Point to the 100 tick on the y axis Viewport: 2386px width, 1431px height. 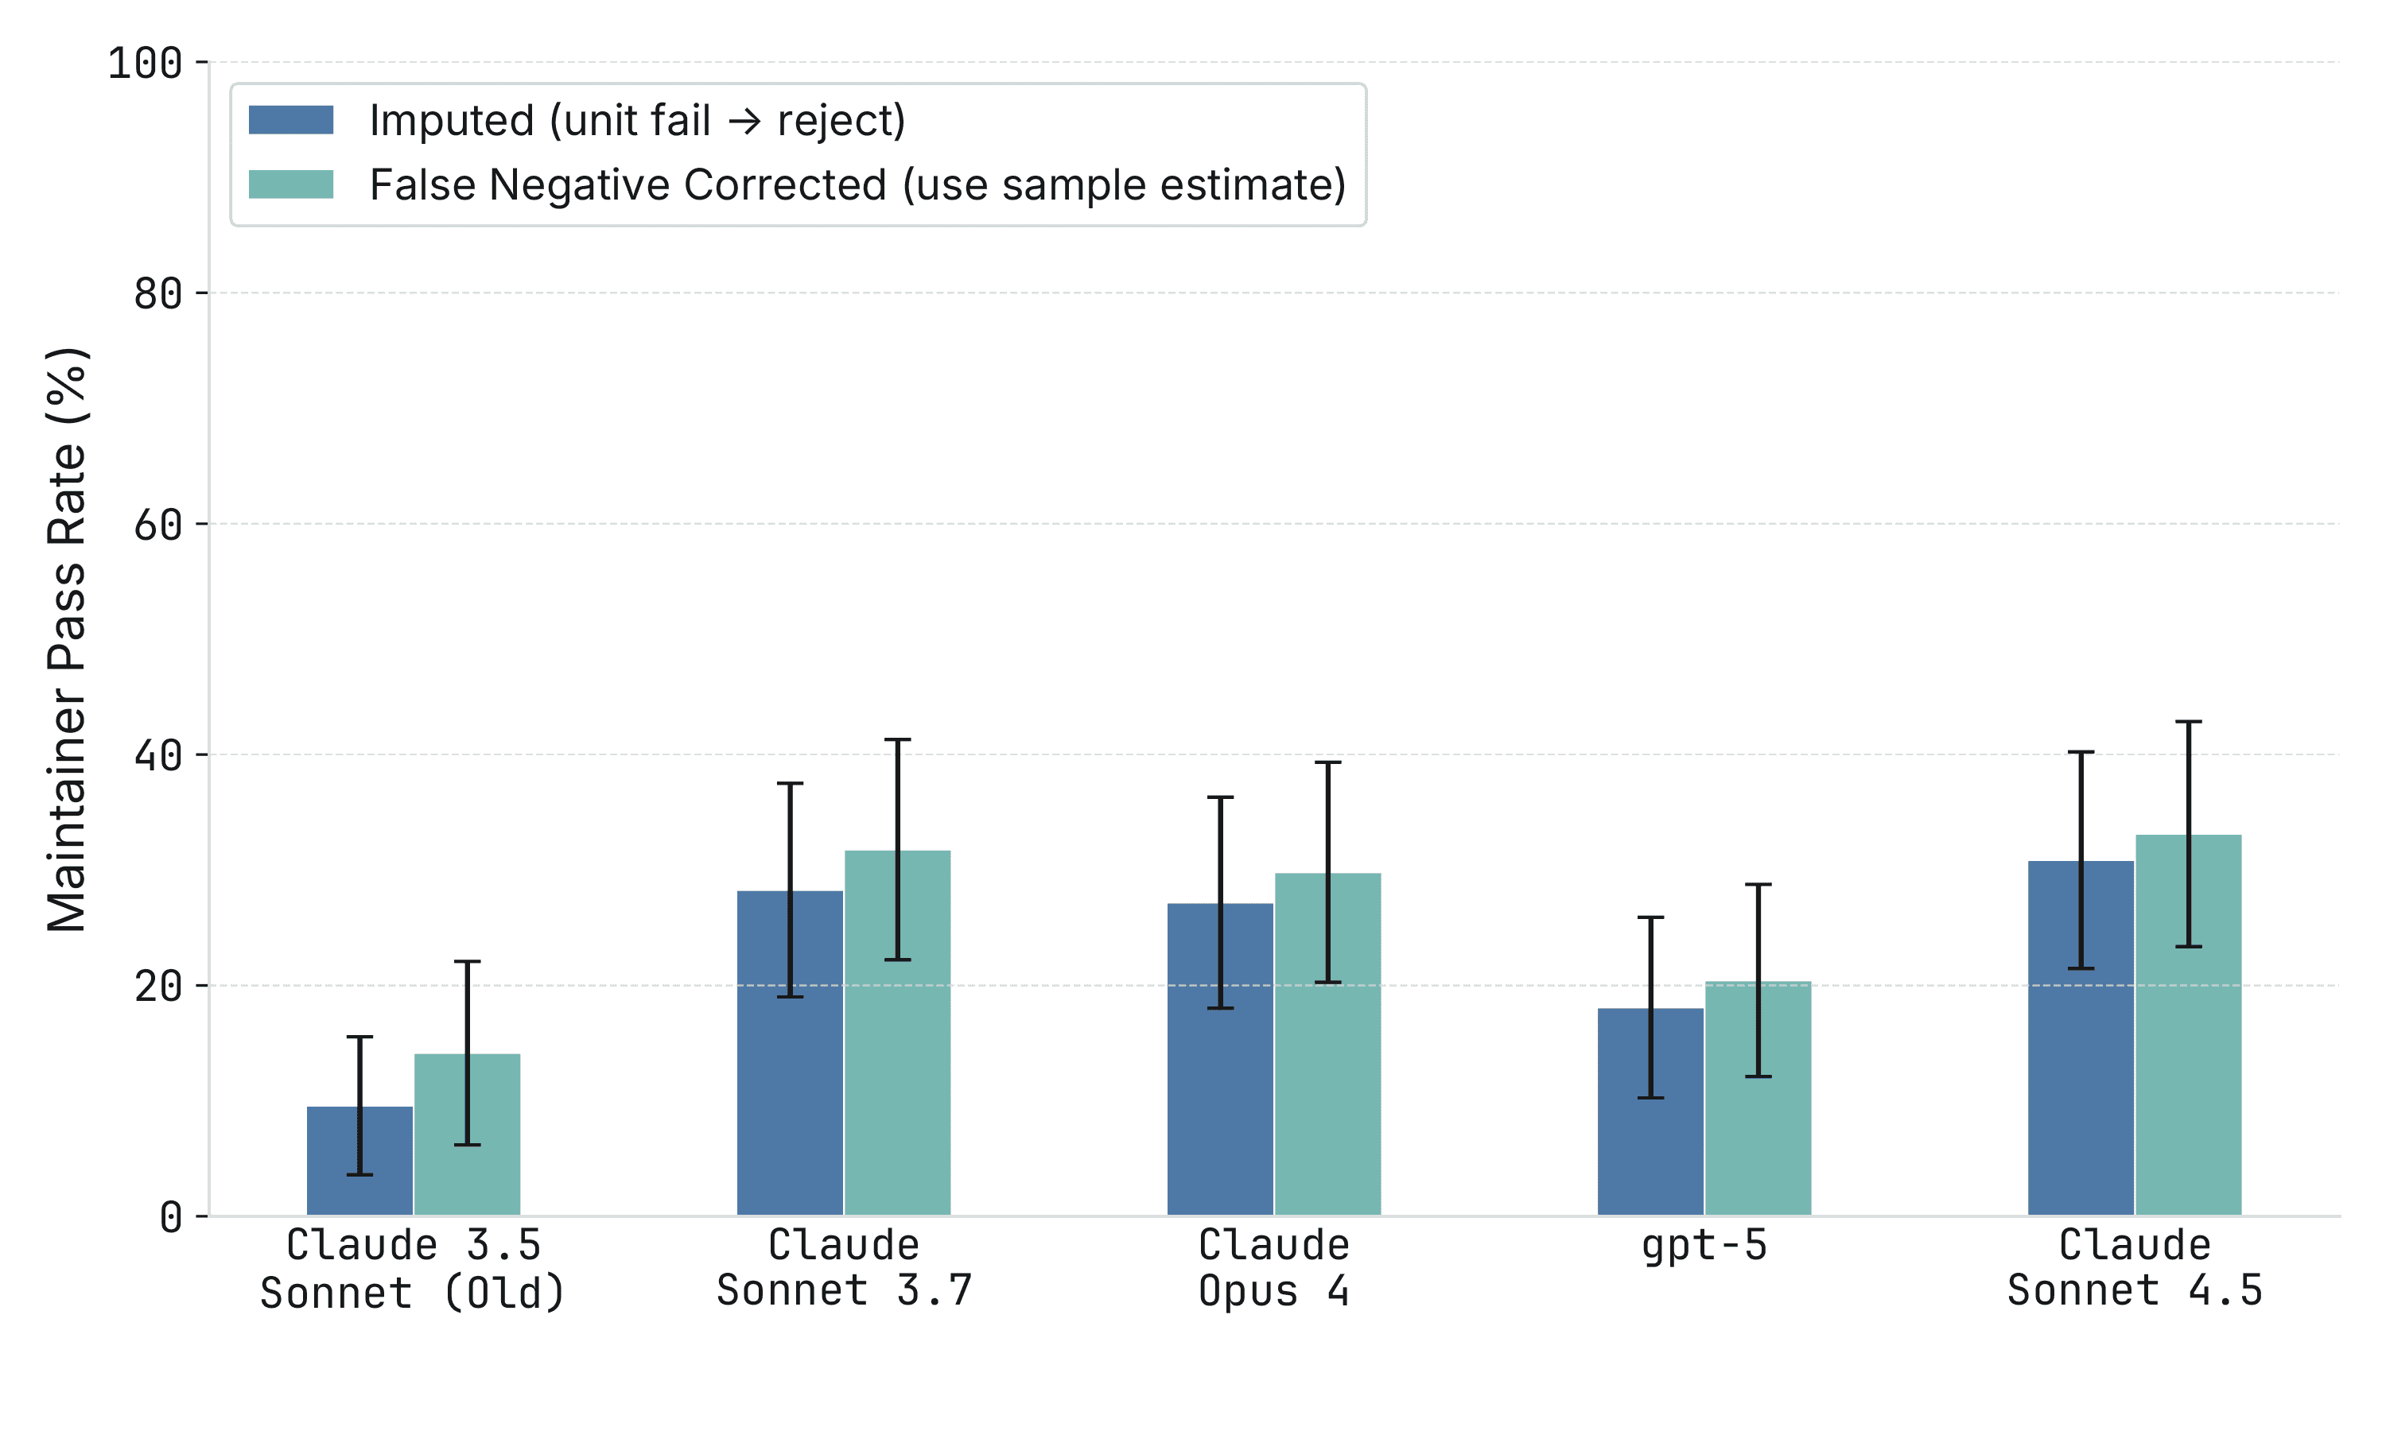coord(145,64)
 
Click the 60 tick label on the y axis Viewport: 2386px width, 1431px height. coord(157,525)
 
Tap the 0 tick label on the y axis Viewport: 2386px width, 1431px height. coord(171,1218)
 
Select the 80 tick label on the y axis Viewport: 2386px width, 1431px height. coord(157,294)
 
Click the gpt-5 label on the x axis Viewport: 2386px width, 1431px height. coord(1704,1246)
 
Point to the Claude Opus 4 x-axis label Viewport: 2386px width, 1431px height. coord(1274,1268)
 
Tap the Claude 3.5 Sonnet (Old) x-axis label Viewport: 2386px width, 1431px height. coord(413,1269)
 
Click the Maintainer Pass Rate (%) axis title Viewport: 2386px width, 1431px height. coord(68,640)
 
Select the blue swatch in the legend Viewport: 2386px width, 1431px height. coord(291,121)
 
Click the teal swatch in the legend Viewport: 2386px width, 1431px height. coord(291,184)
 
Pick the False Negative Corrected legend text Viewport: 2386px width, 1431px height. coord(857,184)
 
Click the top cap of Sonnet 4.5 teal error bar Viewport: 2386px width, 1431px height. coord(2188,722)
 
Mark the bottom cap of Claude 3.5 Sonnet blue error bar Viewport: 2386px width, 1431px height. coord(359,1174)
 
